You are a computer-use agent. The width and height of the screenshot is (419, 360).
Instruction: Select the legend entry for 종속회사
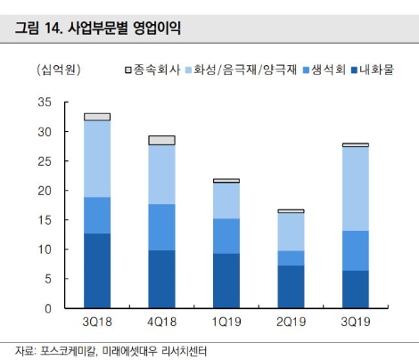click(157, 69)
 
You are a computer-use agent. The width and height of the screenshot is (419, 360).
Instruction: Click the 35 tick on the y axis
click(45, 102)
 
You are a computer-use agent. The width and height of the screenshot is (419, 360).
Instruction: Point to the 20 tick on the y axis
click(45, 191)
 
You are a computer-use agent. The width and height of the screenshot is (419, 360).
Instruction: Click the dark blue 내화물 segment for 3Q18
click(97, 271)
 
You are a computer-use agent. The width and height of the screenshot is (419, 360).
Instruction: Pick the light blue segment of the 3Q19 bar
click(356, 188)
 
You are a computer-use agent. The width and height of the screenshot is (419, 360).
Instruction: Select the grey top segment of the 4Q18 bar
click(161, 140)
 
